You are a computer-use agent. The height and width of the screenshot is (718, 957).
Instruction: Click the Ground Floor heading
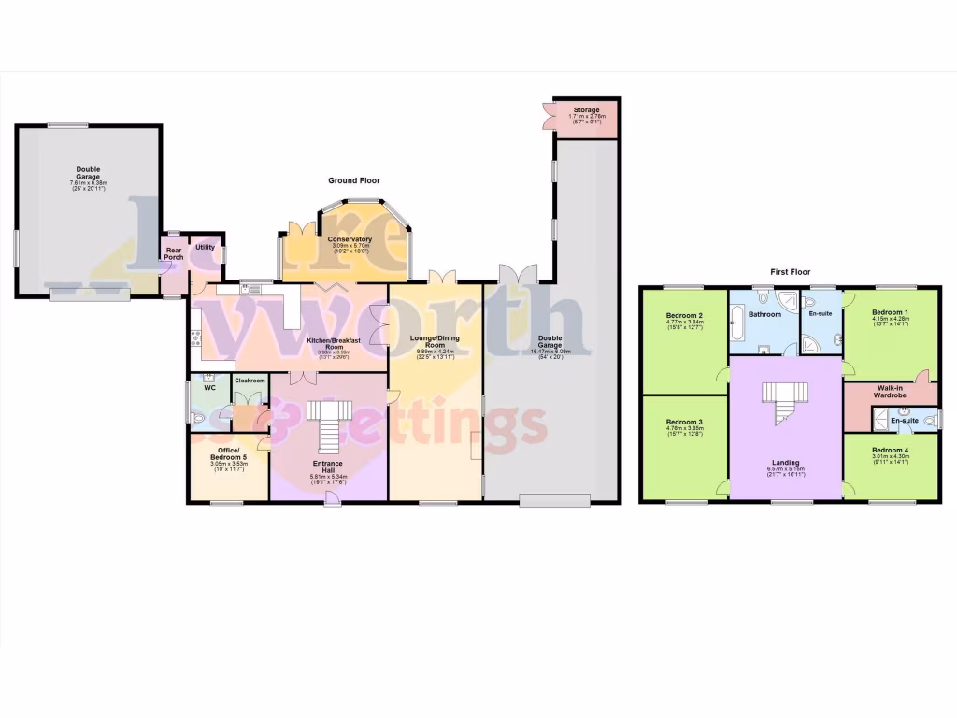pos(353,180)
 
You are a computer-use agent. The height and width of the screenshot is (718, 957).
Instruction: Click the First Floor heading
pos(789,271)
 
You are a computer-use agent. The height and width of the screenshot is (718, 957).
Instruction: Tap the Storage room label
pos(586,110)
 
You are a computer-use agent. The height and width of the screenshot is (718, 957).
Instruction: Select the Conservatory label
pos(350,239)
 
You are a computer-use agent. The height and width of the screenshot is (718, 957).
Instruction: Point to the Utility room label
pos(205,248)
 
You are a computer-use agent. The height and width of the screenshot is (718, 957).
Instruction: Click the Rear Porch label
pos(174,253)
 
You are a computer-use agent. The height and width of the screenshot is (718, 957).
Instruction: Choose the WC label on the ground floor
pos(210,386)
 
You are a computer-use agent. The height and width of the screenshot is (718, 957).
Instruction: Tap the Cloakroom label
pos(250,381)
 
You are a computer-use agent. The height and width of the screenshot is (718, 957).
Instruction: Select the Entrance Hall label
pos(328,467)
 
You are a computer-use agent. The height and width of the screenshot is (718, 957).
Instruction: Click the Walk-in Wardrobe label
pos(891,392)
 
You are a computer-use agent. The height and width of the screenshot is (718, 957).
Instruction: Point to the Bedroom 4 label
pos(890,450)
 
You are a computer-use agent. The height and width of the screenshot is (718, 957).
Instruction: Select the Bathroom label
pos(764,314)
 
